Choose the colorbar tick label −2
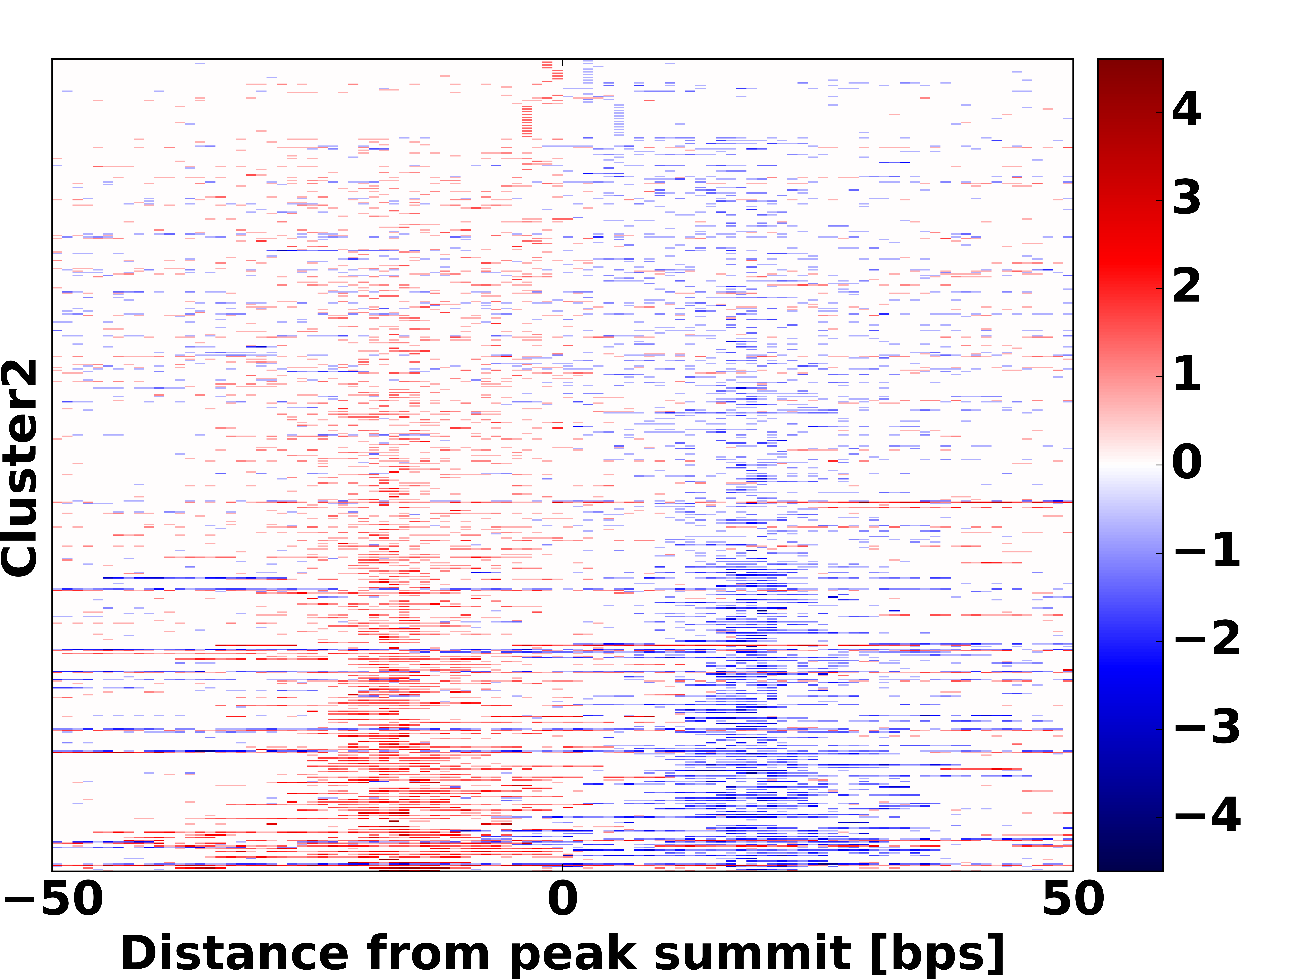pyautogui.click(x=1207, y=638)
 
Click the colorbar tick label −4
pyautogui.click(x=1207, y=815)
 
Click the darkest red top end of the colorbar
pyautogui.click(x=1130, y=64)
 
